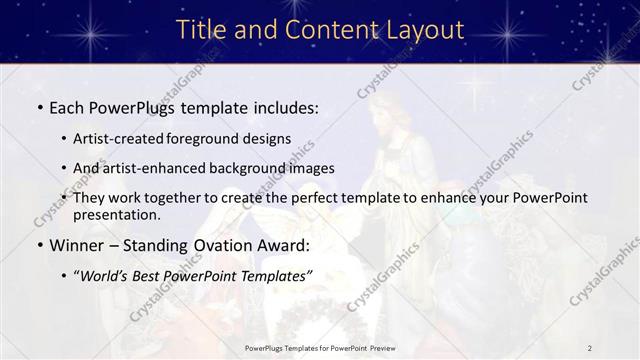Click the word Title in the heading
(203, 30)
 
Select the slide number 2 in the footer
(590, 348)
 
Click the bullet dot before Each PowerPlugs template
(39, 106)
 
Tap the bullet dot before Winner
(39, 245)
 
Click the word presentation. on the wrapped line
(117, 214)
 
